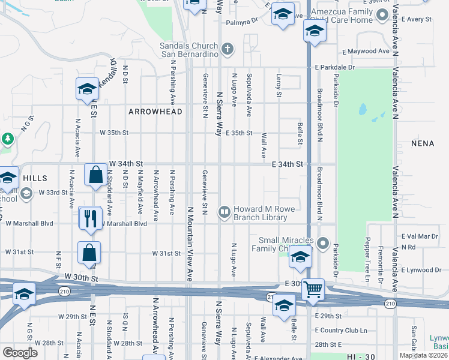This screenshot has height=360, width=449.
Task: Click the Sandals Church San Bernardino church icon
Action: [226, 48]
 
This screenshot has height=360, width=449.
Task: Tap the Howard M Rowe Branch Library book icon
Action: [224, 211]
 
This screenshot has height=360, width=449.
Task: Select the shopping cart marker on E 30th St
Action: [313, 289]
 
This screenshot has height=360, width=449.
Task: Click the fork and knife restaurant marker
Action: [91, 218]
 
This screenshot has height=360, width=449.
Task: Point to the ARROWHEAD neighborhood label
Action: [151, 112]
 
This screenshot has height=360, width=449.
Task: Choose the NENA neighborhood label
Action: [423, 144]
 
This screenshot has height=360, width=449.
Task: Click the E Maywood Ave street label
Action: [366, 52]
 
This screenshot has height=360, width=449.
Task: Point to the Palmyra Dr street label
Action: [241, 22]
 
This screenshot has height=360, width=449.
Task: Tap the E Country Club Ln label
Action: [340, 331]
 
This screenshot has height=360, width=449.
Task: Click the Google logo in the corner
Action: [20, 352]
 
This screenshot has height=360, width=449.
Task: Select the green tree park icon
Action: [7, 139]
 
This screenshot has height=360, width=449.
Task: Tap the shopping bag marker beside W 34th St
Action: [95, 175]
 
